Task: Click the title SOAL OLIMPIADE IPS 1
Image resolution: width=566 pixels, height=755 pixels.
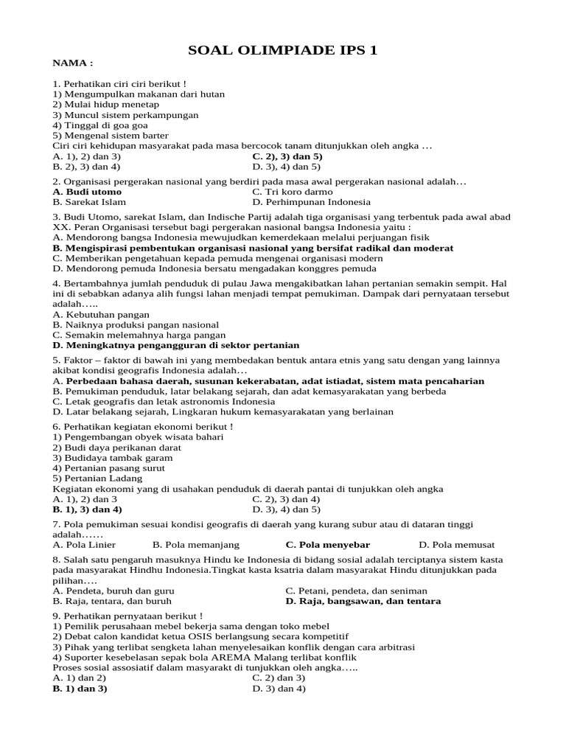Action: pos(283,50)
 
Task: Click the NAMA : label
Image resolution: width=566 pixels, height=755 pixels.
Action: pos(74,63)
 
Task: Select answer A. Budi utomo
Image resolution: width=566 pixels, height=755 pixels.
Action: pos(88,192)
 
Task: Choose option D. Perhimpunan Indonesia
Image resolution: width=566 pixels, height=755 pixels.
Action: pos(311,202)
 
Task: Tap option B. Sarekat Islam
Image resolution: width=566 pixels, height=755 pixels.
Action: pos(89,202)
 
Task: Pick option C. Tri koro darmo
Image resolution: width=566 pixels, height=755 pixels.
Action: pos(291,192)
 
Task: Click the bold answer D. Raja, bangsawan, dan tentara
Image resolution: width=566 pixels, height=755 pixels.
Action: pos(363,601)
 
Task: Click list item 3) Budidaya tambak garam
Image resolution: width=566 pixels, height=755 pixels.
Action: pos(108,458)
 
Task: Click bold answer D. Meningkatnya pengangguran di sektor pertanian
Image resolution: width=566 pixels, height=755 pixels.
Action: pos(176,344)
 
